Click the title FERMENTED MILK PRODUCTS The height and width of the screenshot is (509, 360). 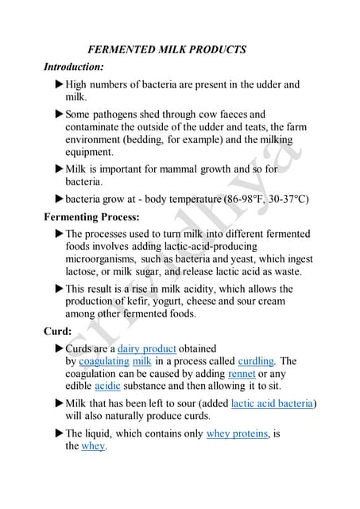[167, 49]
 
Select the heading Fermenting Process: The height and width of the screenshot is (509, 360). [92, 216]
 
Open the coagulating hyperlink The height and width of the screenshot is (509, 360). [104, 361]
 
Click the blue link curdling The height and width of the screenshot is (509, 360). [256, 361]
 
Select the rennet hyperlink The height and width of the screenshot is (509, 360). [242, 374]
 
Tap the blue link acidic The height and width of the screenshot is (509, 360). [107, 387]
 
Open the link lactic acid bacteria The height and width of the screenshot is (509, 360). [273, 403]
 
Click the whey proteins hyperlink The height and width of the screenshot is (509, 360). [238, 433]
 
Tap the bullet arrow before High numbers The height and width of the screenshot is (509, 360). [59, 84]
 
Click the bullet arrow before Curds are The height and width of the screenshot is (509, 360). [59, 348]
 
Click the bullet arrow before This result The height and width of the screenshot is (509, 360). [59, 289]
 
